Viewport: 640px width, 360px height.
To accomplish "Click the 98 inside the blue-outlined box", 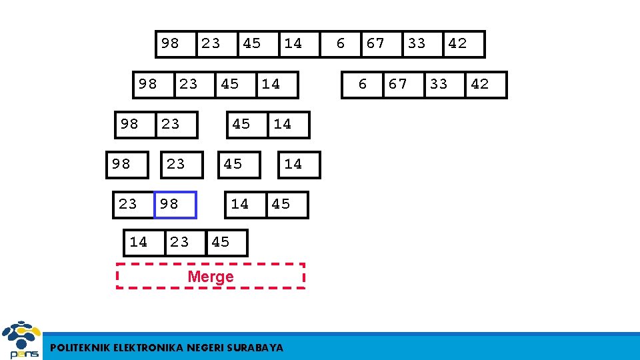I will [169, 204].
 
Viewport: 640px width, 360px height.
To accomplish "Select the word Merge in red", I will [211, 276].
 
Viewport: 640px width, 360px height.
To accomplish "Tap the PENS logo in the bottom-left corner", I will [21, 341].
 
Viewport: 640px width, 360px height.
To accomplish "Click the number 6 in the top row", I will [341, 43].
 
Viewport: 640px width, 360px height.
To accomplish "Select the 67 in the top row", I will [375, 43].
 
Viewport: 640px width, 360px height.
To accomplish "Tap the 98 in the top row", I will [170, 43].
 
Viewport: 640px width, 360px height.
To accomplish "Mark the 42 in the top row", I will [457, 43].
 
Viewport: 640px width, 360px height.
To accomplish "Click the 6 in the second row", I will [363, 84].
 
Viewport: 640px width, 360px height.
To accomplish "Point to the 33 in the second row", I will [439, 84].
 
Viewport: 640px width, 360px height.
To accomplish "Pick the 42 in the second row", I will [480, 84].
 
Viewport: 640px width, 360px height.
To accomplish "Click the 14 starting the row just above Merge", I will [139, 242].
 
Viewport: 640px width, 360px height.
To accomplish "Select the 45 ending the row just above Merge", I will [220, 242].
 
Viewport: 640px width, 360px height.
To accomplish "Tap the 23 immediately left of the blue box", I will [127, 204].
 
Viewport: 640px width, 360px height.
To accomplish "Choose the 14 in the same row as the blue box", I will [240, 204].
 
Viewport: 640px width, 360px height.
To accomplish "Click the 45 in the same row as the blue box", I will [281, 204].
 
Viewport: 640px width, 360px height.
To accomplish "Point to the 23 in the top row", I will [211, 43].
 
